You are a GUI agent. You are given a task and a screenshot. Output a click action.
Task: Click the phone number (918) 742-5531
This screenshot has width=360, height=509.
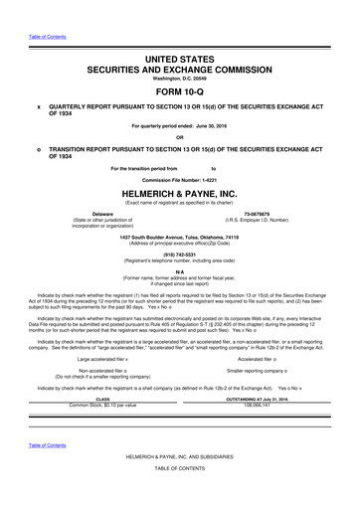point(180,254)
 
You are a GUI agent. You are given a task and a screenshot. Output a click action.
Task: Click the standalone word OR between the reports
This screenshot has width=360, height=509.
point(180,136)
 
